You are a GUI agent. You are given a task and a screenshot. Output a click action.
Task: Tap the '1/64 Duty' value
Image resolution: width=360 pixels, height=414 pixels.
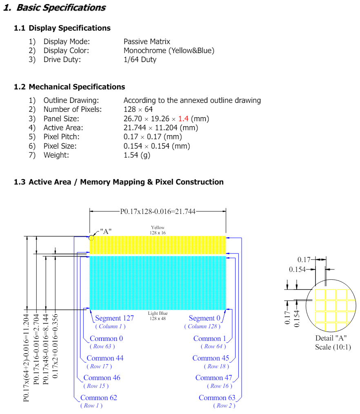point(140,60)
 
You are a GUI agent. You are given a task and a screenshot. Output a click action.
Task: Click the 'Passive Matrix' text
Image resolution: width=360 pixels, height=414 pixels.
point(147,42)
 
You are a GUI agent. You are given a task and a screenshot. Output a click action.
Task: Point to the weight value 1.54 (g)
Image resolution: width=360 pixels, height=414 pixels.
point(137,155)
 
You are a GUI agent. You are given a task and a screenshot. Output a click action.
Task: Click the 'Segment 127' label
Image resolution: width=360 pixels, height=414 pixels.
point(114,318)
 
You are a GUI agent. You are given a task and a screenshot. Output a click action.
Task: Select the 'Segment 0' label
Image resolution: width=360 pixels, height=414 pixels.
point(204,318)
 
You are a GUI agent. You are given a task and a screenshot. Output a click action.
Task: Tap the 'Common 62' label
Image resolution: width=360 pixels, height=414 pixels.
point(99,398)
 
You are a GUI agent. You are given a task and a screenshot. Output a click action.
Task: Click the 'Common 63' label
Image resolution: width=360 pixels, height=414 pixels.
point(217,398)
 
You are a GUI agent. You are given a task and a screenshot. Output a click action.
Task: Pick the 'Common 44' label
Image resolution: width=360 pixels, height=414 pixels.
point(105,358)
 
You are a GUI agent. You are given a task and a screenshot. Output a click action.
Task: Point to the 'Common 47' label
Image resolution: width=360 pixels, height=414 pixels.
point(214,378)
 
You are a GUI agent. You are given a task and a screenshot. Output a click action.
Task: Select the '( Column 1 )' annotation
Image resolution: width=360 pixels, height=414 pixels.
point(110,326)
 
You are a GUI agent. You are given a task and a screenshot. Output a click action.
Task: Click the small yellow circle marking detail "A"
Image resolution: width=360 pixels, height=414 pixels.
point(91,238)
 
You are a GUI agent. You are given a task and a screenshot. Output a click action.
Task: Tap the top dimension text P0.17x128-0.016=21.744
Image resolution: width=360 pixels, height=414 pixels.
point(158,211)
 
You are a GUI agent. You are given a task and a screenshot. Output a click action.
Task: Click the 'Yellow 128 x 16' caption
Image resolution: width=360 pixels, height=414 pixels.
point(158,230)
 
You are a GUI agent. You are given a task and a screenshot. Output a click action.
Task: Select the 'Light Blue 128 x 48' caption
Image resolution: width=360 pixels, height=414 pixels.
point(158,316)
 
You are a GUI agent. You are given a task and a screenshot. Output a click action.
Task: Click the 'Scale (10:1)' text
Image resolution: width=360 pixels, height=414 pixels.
point(333,347)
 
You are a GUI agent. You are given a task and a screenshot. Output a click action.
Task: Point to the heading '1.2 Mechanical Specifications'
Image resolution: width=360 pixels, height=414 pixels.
point(69,87)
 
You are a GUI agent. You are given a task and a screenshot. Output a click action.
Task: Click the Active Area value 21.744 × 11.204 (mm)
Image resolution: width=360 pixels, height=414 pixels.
point(160,128)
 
